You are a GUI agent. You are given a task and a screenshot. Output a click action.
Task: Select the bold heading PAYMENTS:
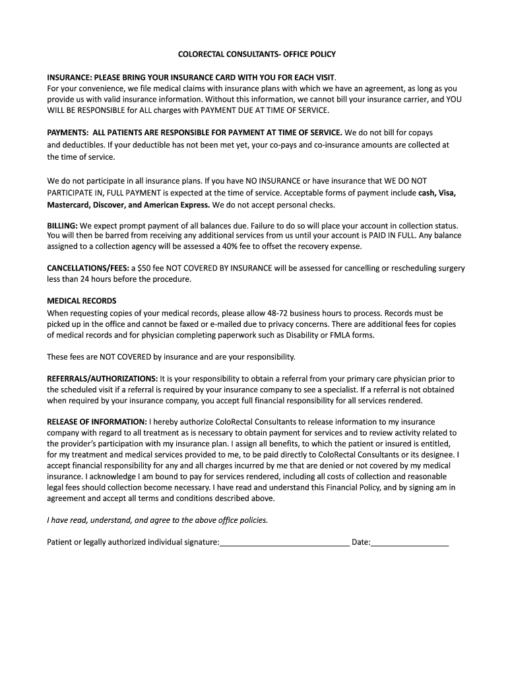(69, 133)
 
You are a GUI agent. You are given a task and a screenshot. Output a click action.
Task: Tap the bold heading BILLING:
(63, 225)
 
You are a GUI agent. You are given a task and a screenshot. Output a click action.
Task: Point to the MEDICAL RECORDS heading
(81, 301)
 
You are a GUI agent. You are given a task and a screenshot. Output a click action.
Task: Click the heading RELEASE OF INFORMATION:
(97, 421)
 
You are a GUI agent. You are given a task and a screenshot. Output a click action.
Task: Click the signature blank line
(284, 543)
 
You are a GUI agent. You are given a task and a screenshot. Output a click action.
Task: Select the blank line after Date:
(410, 543)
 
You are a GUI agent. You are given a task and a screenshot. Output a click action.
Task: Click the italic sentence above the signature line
(158, 520)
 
